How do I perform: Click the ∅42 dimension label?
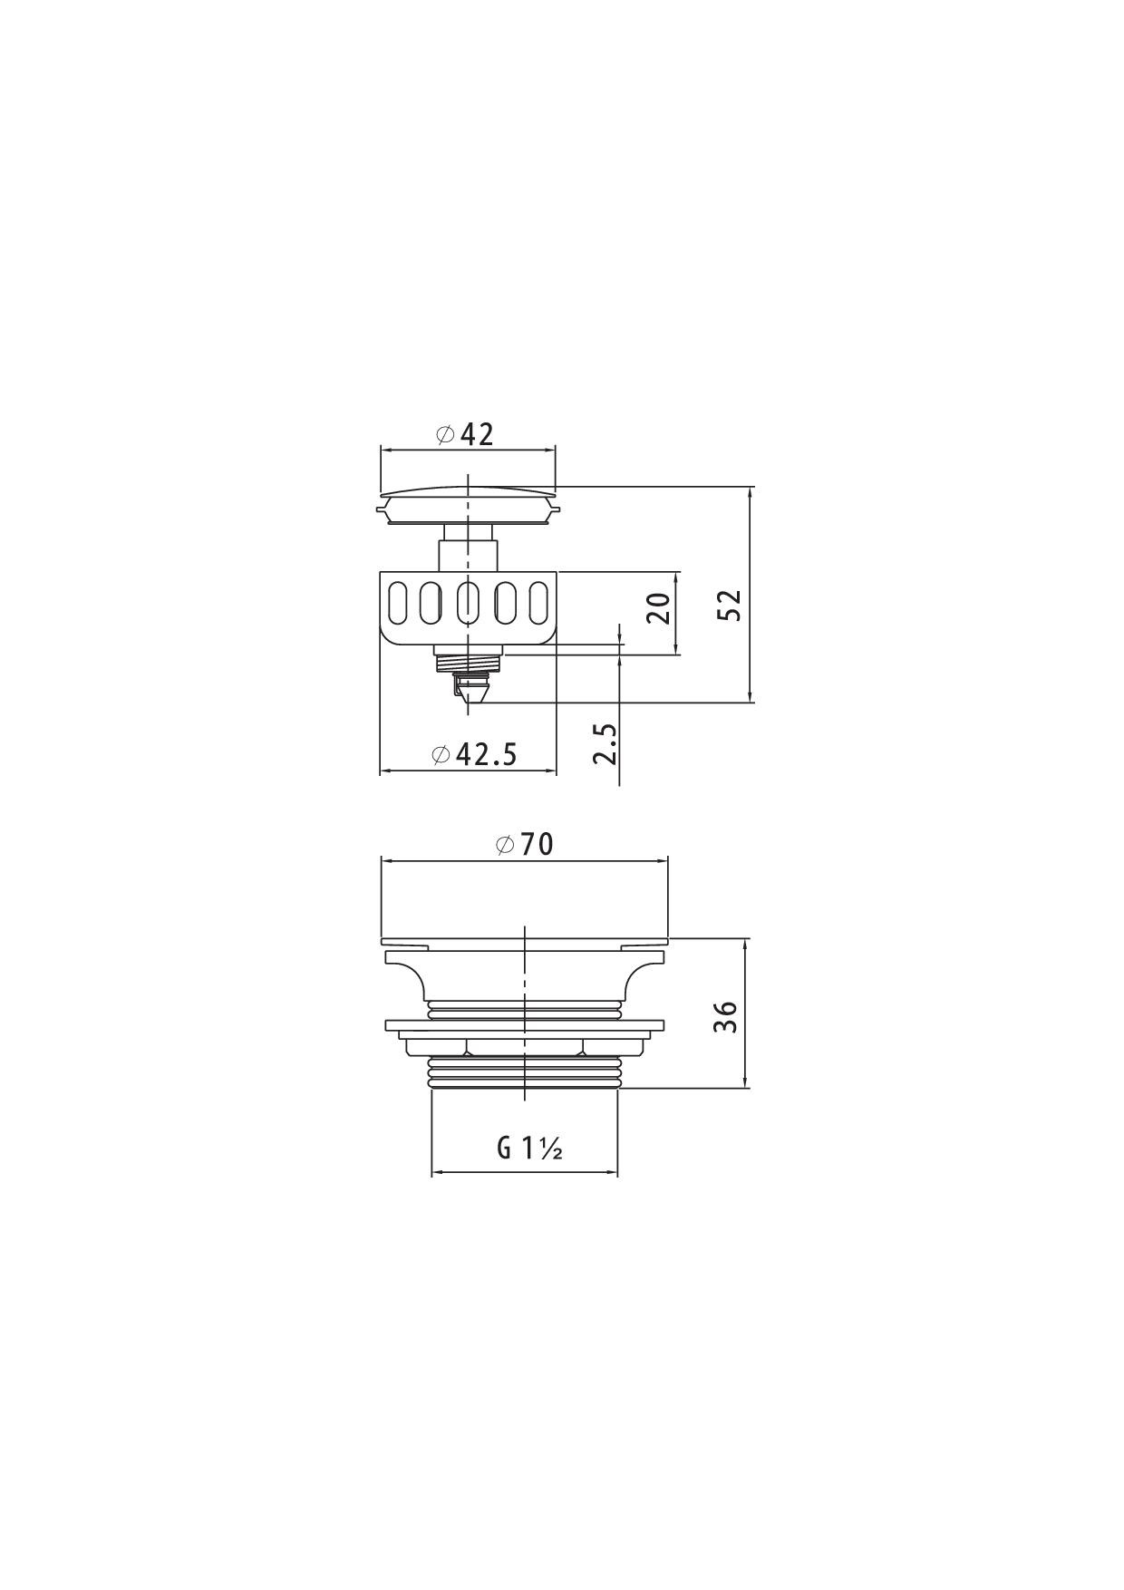coord(465,435)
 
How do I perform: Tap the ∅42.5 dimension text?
coord(475,753)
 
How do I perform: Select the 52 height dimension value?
coord(731,605)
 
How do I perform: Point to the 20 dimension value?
coord(660,607)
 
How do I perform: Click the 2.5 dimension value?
coord(606,743)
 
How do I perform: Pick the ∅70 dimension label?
coord(524,844)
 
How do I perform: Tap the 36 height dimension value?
coord(725,1016)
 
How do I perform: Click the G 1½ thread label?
coord(530,1149)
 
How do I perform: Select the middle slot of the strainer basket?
coord(468,603)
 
